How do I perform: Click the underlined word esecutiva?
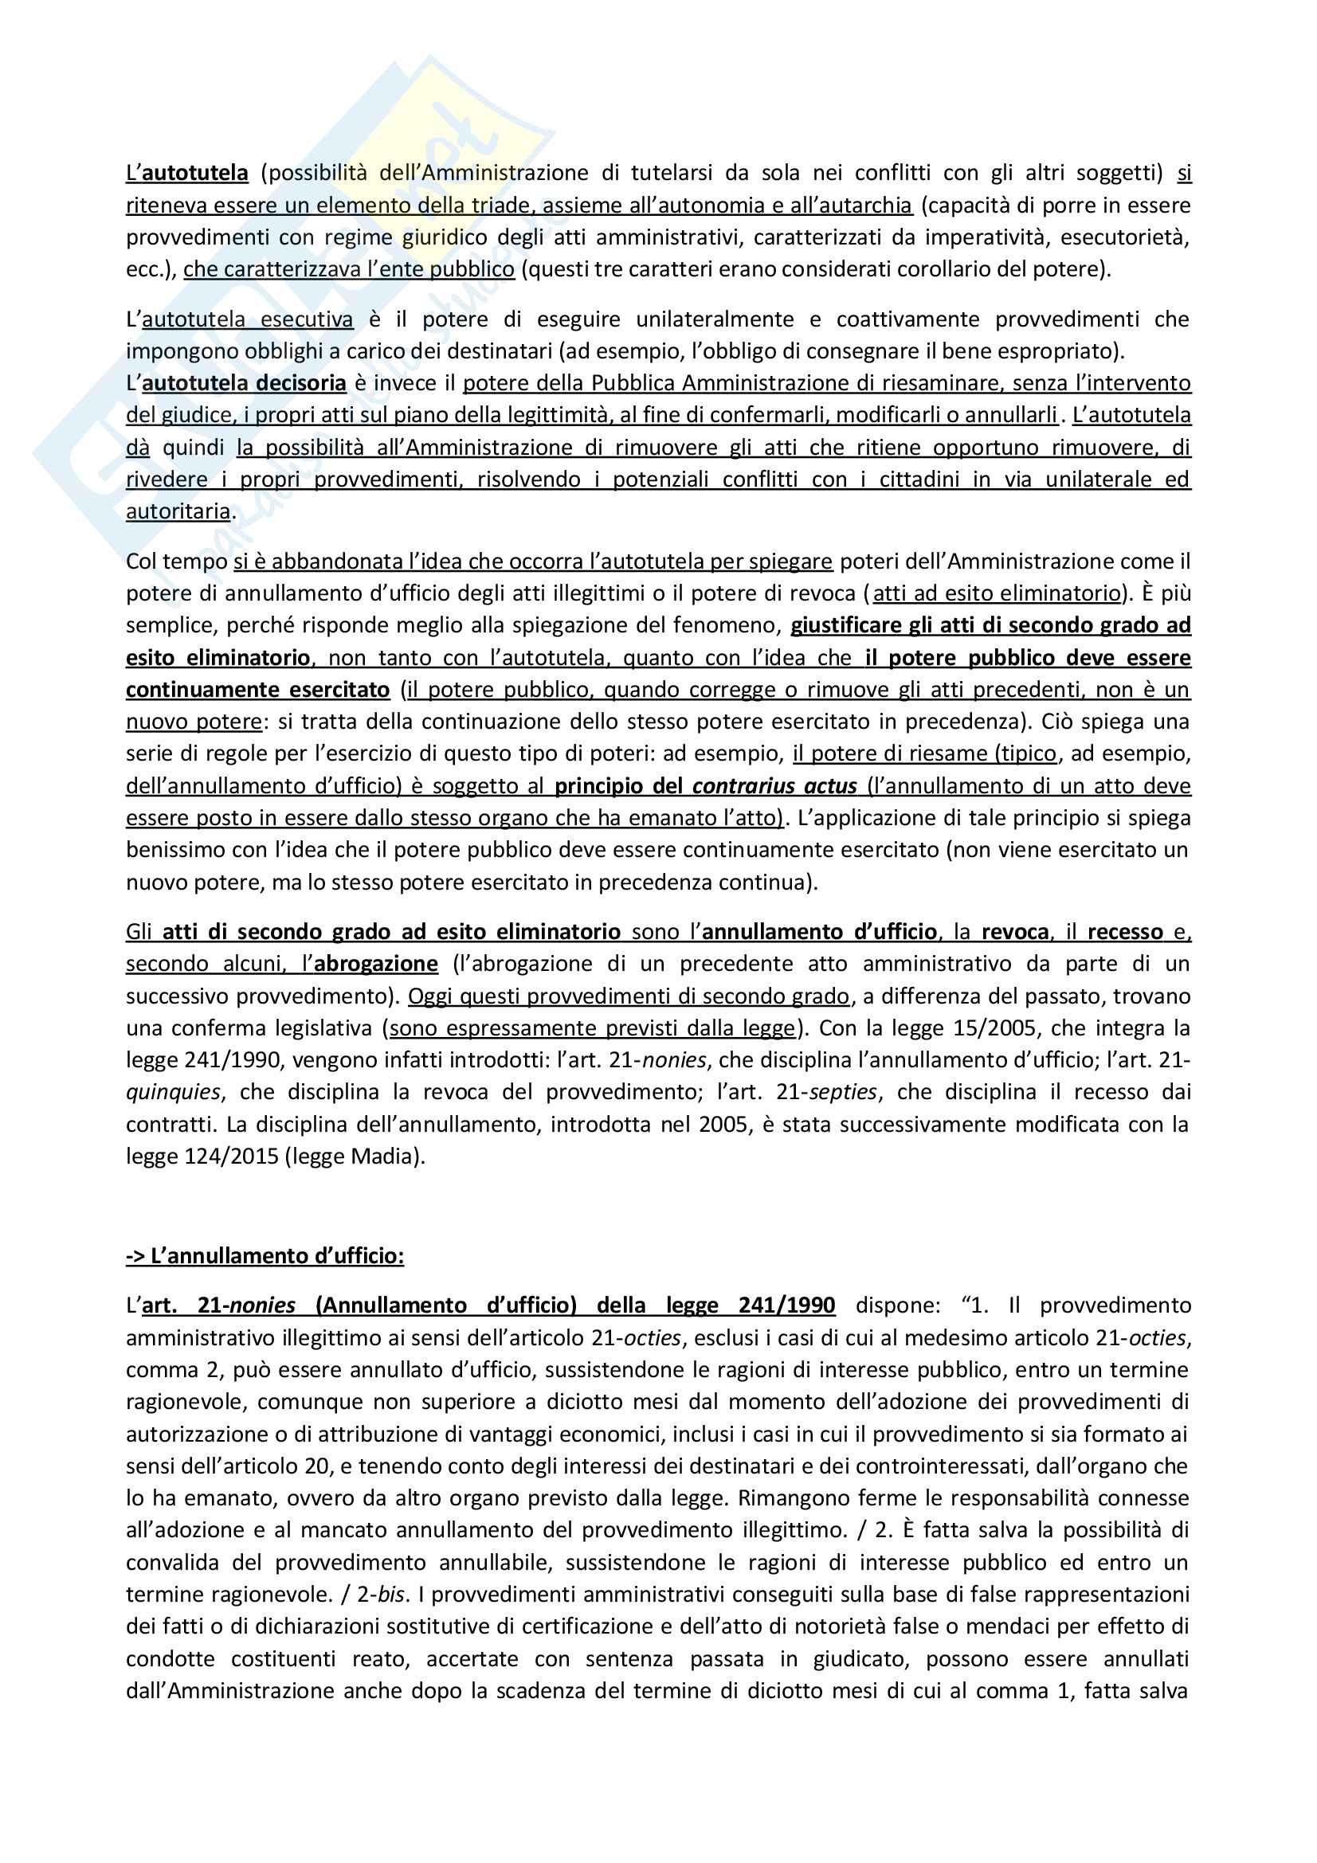pyautogui.click(x=307, y=319)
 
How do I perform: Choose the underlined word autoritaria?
pyautogui.click(x=178, y=511)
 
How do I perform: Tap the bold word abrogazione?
pyautogui.click(x=376, y=963)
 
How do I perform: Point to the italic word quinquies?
pyautogui.click(x=173, y=1092)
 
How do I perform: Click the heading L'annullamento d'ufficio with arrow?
pyautogui.click(x=265, y=1256)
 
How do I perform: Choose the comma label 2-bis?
pyautogui.click(x=380, y=1595)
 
